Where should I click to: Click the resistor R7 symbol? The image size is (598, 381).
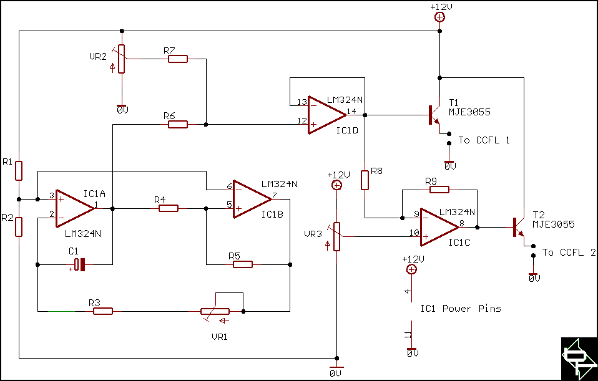[x=178, y=59]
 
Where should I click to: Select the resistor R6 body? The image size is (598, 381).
[x=178, y=124]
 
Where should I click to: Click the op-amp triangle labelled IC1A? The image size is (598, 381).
[x=75, y=208]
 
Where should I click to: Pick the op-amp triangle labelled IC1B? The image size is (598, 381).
[x=252, y=200]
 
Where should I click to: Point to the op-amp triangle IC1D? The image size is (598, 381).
[x=327, y=115]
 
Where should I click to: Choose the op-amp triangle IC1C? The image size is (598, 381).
[x=439, y=228]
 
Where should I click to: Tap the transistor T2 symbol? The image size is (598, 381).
[x=519, y=228]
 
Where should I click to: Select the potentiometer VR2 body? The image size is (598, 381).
[x=121, y=59]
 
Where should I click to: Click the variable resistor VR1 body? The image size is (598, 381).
[x=215, y=311]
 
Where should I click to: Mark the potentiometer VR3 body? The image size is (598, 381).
[x=336, y=236]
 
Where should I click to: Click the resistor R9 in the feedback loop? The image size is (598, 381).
[x=439, y=190]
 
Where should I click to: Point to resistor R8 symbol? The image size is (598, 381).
[x=365, y=180]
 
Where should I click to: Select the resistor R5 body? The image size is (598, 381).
[x=243, y=264]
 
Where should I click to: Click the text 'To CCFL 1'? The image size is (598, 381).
[x=484, y=140]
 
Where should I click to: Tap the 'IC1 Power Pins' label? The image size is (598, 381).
[x=461, y=308]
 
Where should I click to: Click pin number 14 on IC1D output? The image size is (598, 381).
[x=351, y=111]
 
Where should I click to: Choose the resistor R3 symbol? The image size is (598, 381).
[x=103, y=311]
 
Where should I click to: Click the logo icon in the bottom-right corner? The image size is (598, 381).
[x=579, y=358]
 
